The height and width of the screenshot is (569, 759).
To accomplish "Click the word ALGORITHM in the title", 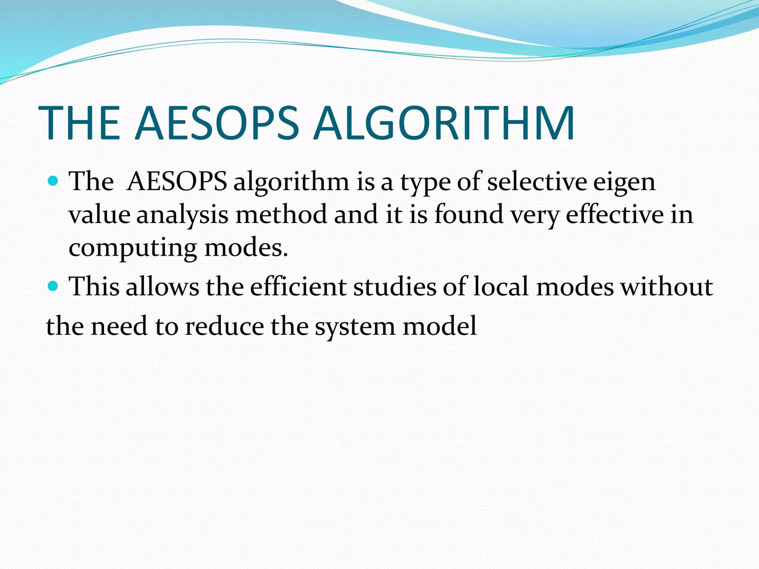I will coord(444,123).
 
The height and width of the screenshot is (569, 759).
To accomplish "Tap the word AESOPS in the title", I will coord(216,123).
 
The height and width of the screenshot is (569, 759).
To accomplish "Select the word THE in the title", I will coord(79,123).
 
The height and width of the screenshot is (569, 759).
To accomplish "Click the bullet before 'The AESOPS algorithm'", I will coord(53,181).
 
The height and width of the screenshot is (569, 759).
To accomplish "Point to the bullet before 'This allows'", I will coord(53,286).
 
